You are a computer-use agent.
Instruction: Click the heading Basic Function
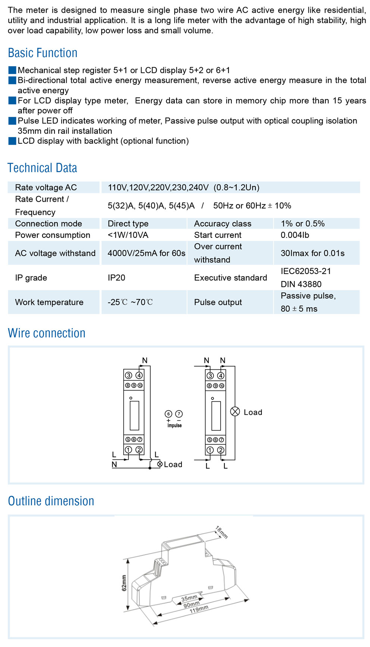click(x=43, y=53)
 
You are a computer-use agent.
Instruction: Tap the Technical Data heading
click(x=42, y=168)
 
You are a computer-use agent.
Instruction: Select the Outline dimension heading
click(x=51, y=501)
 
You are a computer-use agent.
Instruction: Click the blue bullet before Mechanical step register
click(x=12, y=70)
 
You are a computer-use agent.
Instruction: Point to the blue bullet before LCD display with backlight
click(x=12, y=141)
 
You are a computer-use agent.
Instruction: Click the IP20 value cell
click(x=116, y=278)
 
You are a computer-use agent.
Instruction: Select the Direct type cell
click(x=128, y=224)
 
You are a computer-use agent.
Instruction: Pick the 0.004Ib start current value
click(x=295, y=235)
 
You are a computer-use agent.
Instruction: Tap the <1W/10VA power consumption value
click(x=128, y=235)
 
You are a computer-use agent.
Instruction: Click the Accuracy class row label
click(x=223, y=224)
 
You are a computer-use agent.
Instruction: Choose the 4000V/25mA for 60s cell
click(x=146, y=253)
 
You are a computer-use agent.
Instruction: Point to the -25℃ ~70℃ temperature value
click(x=130, y=302)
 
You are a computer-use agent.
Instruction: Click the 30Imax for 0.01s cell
click(x=313, y=253)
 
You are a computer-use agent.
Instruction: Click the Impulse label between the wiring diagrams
click(x=174, y=426)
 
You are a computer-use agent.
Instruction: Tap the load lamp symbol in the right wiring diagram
click(x=235, y=411)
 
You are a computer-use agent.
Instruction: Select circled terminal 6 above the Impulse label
click(x=168, y=414)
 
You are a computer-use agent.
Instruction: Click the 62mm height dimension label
click(x=124, y=583)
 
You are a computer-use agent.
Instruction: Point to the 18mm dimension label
click(x=221, y=532)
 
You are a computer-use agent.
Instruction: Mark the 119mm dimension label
click(x=199, y=610)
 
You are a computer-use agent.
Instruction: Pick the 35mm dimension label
click(x=189, y=598)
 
